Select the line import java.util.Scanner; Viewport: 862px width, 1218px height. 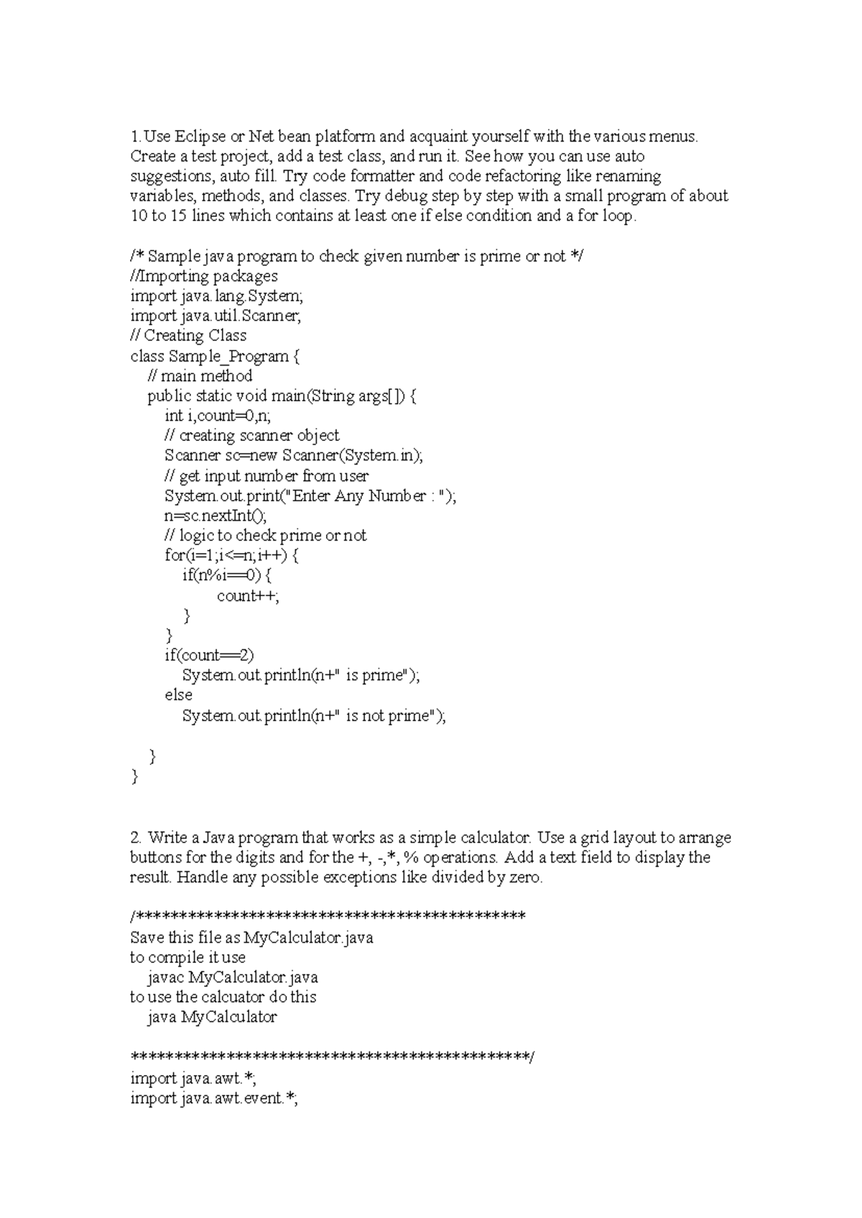(x=215, y=316)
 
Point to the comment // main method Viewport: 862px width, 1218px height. (x=200, y=376)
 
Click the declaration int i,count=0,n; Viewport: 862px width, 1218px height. (x=218, y=416)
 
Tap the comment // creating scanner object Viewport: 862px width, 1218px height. (x=251, y=435)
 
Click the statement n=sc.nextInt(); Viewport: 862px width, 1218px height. (x=215, y=516)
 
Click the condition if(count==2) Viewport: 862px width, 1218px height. (x=209, y=655)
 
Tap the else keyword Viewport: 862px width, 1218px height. (x=178, y=695)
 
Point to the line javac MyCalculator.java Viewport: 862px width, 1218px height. (x=233, y=977)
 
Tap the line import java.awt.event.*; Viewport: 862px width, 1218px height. (x=214, y=1098)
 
